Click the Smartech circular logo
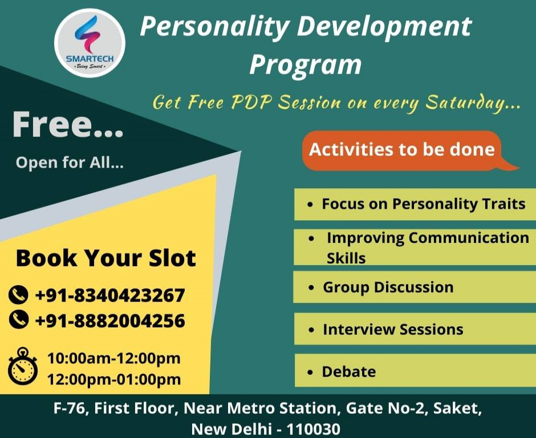[90, 43]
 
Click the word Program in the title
[306, 63]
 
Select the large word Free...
[67, 126]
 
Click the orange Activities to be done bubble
[402, 149]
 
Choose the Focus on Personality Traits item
[415, 204]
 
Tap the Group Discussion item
[388, 287]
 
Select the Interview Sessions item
[392, 329]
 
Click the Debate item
[348, 371]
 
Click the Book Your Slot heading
[105, 258]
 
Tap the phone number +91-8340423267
[110, 295]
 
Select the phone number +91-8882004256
[110, 321]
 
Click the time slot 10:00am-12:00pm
[113, 359]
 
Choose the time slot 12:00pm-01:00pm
[113, 379]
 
